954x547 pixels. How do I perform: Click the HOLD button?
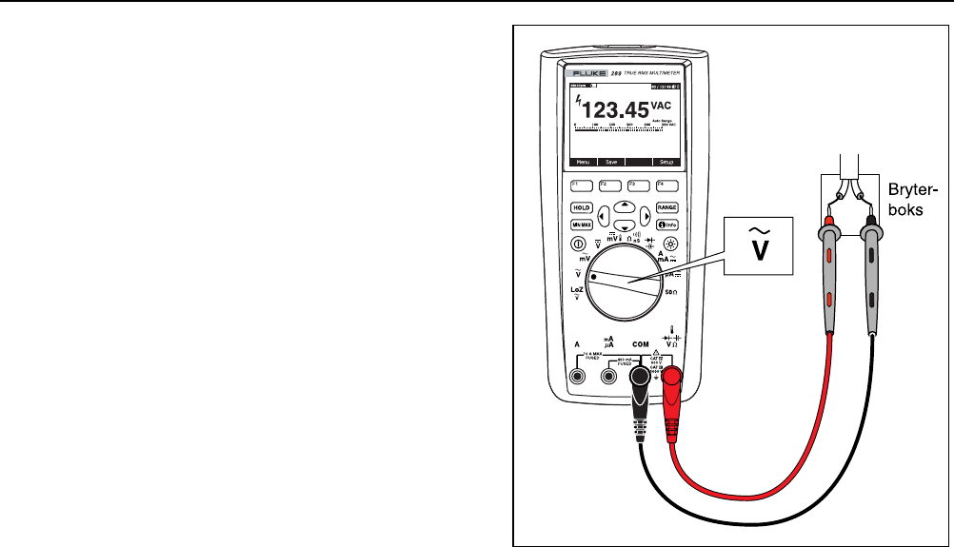click(x=580, y=206)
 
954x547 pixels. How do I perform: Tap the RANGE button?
click(x=666, y=206)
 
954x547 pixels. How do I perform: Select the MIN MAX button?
click(x=580, y=225)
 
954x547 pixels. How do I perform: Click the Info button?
click(x=666, y=225)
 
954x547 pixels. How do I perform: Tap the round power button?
click(x=578, y=243)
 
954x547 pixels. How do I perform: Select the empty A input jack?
click(x=577, y=376)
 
